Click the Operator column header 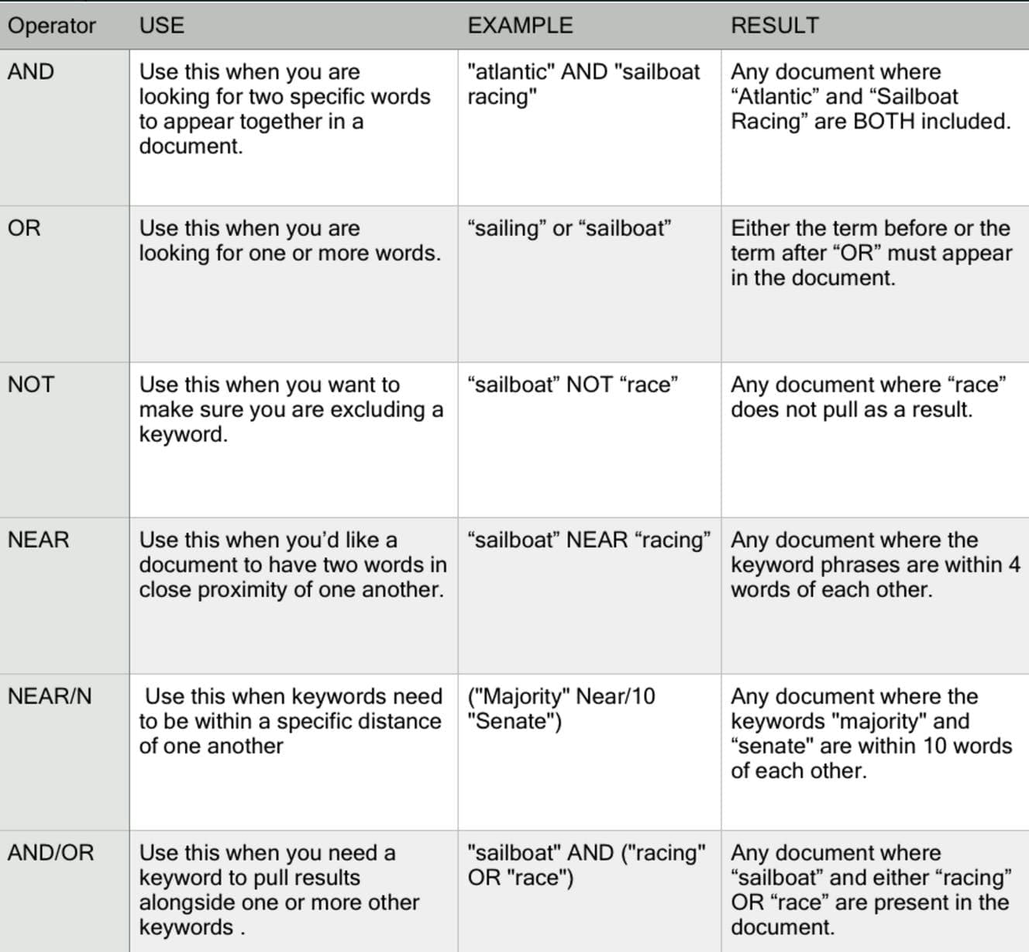51,26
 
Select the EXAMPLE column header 520,26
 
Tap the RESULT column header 774,26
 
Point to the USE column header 161,26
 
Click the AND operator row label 31,72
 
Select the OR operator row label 24,228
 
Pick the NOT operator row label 31,385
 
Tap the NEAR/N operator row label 50,696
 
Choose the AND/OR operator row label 50,853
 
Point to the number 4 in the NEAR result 1014,565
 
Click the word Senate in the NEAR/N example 513,722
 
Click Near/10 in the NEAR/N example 615,696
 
